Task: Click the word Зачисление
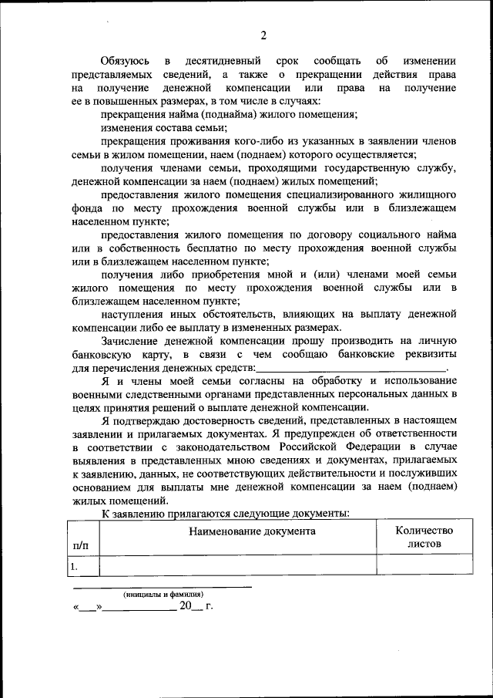click(x=134, y=341)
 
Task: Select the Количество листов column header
click(x=424, y=537)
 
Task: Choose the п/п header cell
click(x=80, y=545)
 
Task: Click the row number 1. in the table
click(x=75, y=566)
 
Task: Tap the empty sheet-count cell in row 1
click(x=424, y=566)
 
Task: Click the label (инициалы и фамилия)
click(x=164, y=595)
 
